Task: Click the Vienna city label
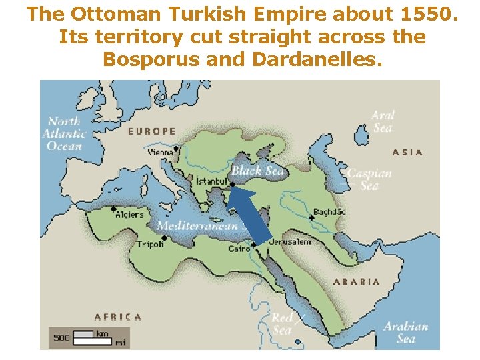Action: tap(160, 152)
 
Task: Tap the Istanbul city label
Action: tap(212, 181)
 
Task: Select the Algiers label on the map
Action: tap(129, 215)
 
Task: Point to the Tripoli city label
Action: tap(151, 243)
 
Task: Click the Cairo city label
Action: tap(239, 249)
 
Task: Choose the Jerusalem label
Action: tap(291, 241)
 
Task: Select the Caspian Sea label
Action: tap(369, 179)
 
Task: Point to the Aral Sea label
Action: tap(383, 121)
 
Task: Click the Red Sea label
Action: tap(281, 324)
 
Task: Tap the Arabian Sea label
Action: tap(405, 332)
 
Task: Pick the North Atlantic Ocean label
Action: tap(64, 133)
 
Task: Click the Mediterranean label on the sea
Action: tap(197, 226)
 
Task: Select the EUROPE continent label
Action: tap(152, 131)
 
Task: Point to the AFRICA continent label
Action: tap(118, 317)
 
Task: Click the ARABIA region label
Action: tap(357, 282)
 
